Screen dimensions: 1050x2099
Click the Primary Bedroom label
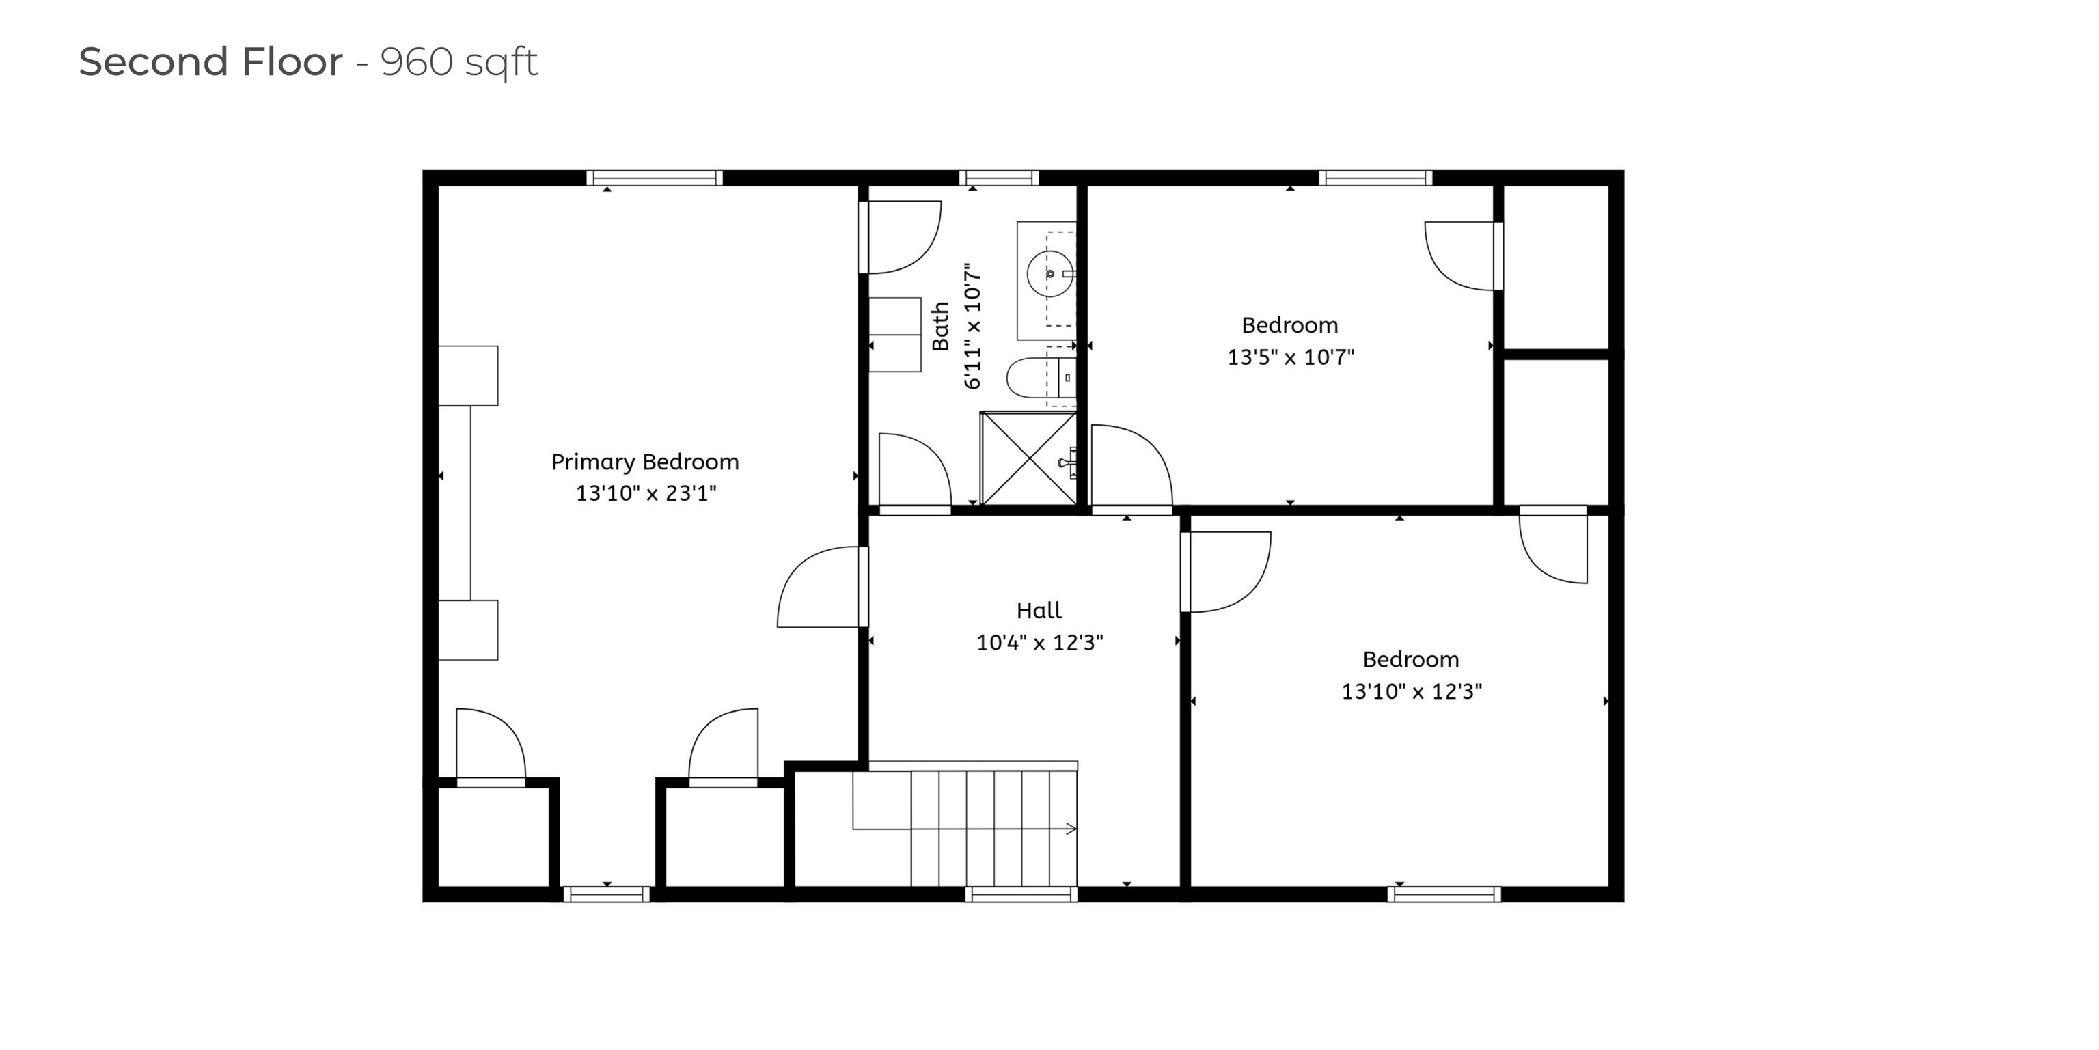click(x=644, y=462)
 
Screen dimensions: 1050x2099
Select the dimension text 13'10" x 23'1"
click(x=645, y=493)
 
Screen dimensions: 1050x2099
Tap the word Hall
click(x=1039, y=610)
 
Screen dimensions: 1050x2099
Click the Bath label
click(x=940, y=326)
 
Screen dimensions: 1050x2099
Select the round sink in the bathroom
click(x=1049, y=274)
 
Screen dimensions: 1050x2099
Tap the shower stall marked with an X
click(x=1028, y=458)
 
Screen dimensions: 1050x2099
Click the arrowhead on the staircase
click(x=1071, y=829)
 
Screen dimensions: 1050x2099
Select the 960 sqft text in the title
click(x=458, y=62)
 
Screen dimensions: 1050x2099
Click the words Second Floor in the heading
click(x=210, y=62)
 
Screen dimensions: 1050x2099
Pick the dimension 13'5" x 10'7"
click(x=1290, y=357)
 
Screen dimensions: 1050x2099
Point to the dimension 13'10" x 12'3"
click(x=1411, y=691)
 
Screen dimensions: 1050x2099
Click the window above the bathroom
click(x=998, y=178)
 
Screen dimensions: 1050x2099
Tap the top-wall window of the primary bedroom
click(x=655, y=178)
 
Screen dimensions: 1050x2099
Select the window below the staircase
click(x=1021, y=894)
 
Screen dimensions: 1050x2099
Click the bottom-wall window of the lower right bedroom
click(x=1444, y=894)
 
